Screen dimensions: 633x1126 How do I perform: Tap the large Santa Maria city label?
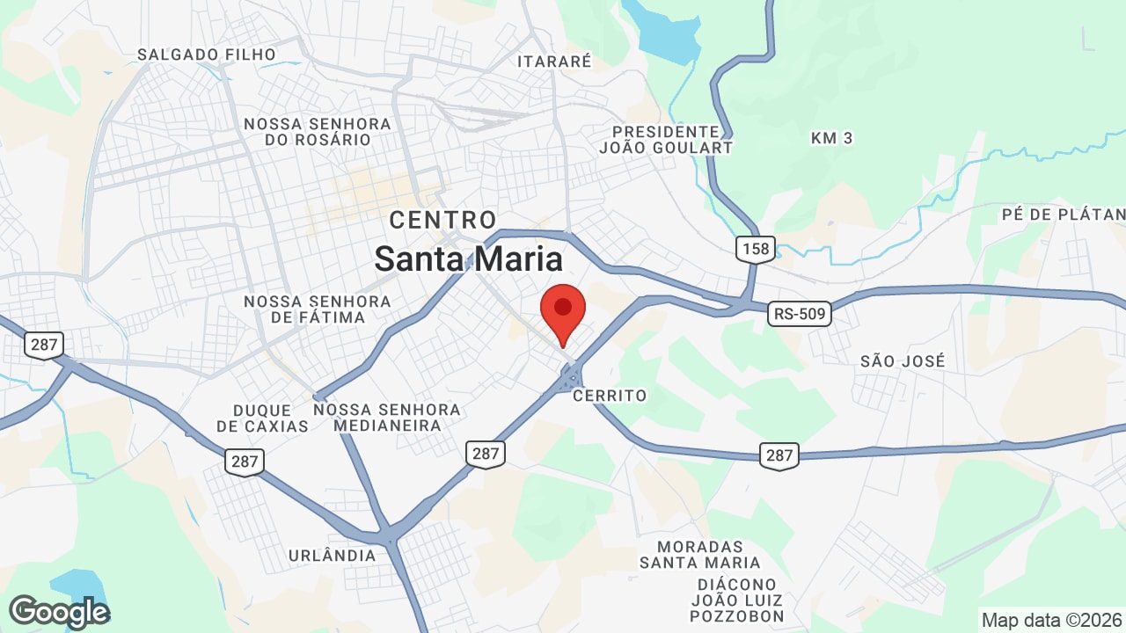coord(468,259)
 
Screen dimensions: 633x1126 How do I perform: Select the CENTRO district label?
coord(443,220)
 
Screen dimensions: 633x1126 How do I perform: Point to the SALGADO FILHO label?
coord(207,55)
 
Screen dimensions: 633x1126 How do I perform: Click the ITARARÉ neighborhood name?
coord(554,62)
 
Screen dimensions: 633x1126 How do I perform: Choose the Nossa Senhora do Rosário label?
coord(318,132)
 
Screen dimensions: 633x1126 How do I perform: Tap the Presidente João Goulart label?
coord(666,139)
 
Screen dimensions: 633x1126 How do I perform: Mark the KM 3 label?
coord(832,138)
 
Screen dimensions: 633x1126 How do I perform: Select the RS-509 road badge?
coord(799,313)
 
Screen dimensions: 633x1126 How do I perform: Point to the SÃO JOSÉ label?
coord(903,360)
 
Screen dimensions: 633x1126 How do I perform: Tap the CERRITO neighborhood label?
coord(610,396)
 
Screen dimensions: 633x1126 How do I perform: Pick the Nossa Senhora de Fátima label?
coord(318,309)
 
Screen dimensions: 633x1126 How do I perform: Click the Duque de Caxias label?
coord(262,418)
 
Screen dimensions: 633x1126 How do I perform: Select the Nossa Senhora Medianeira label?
coord(387,418)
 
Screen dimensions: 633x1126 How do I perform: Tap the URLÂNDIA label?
coord(333,556)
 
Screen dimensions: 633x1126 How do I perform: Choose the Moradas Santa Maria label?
coord(700,555)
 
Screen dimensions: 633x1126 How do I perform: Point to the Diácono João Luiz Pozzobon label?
coord(737,600)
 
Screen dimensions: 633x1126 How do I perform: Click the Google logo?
coord(59,612)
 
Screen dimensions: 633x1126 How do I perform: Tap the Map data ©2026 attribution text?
coord(1050,620)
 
